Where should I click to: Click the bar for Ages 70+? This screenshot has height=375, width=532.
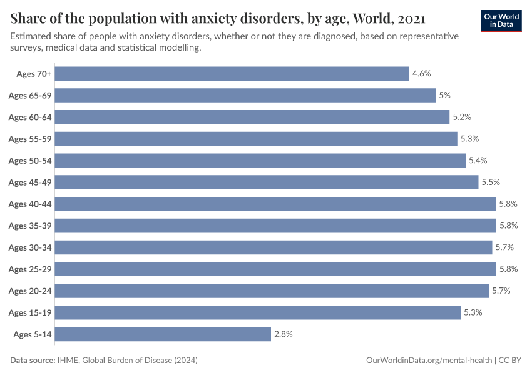coord(232,74)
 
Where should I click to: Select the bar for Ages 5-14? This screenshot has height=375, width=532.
coord(163,334)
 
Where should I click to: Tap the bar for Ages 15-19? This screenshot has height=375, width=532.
coord(257,312)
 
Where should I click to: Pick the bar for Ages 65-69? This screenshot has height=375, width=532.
coord(245,96)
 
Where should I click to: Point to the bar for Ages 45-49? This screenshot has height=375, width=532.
coord(267,182)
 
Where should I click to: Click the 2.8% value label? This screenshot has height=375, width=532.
coord(283,334)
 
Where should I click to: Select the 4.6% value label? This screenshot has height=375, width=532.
coord(421,74)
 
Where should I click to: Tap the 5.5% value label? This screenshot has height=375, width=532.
coord(491,182)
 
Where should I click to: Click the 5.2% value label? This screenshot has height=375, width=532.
coord(461,117)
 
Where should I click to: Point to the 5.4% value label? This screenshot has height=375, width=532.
coord(478,161)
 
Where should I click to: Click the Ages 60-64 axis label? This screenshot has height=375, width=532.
coord(29,117)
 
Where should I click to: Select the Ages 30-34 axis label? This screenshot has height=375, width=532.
coord(29,247)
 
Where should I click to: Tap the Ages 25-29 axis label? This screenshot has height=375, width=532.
coord(29,269)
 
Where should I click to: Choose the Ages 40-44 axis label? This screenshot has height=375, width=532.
coord(29,204)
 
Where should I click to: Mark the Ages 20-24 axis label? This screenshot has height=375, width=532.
coord(29,291)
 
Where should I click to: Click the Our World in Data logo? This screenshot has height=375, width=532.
coord(501,21)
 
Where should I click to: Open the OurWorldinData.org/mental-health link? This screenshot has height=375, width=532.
coord(428,361)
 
